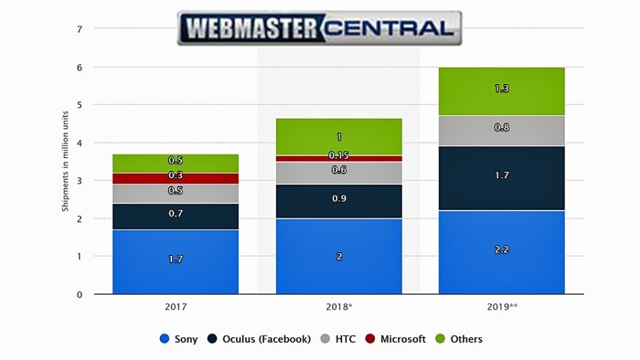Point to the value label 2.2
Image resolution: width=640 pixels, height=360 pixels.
point(501,250)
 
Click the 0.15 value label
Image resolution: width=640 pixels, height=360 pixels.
point(338,156)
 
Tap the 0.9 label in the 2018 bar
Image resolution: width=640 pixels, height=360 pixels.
point(339,199)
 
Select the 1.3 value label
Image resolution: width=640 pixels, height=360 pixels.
point(501,89)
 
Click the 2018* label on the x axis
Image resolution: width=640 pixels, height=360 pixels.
point(339,307)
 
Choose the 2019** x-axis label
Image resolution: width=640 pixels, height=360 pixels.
point(501,307)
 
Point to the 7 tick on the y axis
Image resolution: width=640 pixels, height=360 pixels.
point(80,29)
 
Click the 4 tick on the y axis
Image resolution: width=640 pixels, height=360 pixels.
point(80,143)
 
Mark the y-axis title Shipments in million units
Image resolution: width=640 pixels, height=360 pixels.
point(65,162)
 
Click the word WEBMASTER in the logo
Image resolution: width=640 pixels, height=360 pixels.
point(250,28)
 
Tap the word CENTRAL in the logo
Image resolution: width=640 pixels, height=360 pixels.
point(390,28)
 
